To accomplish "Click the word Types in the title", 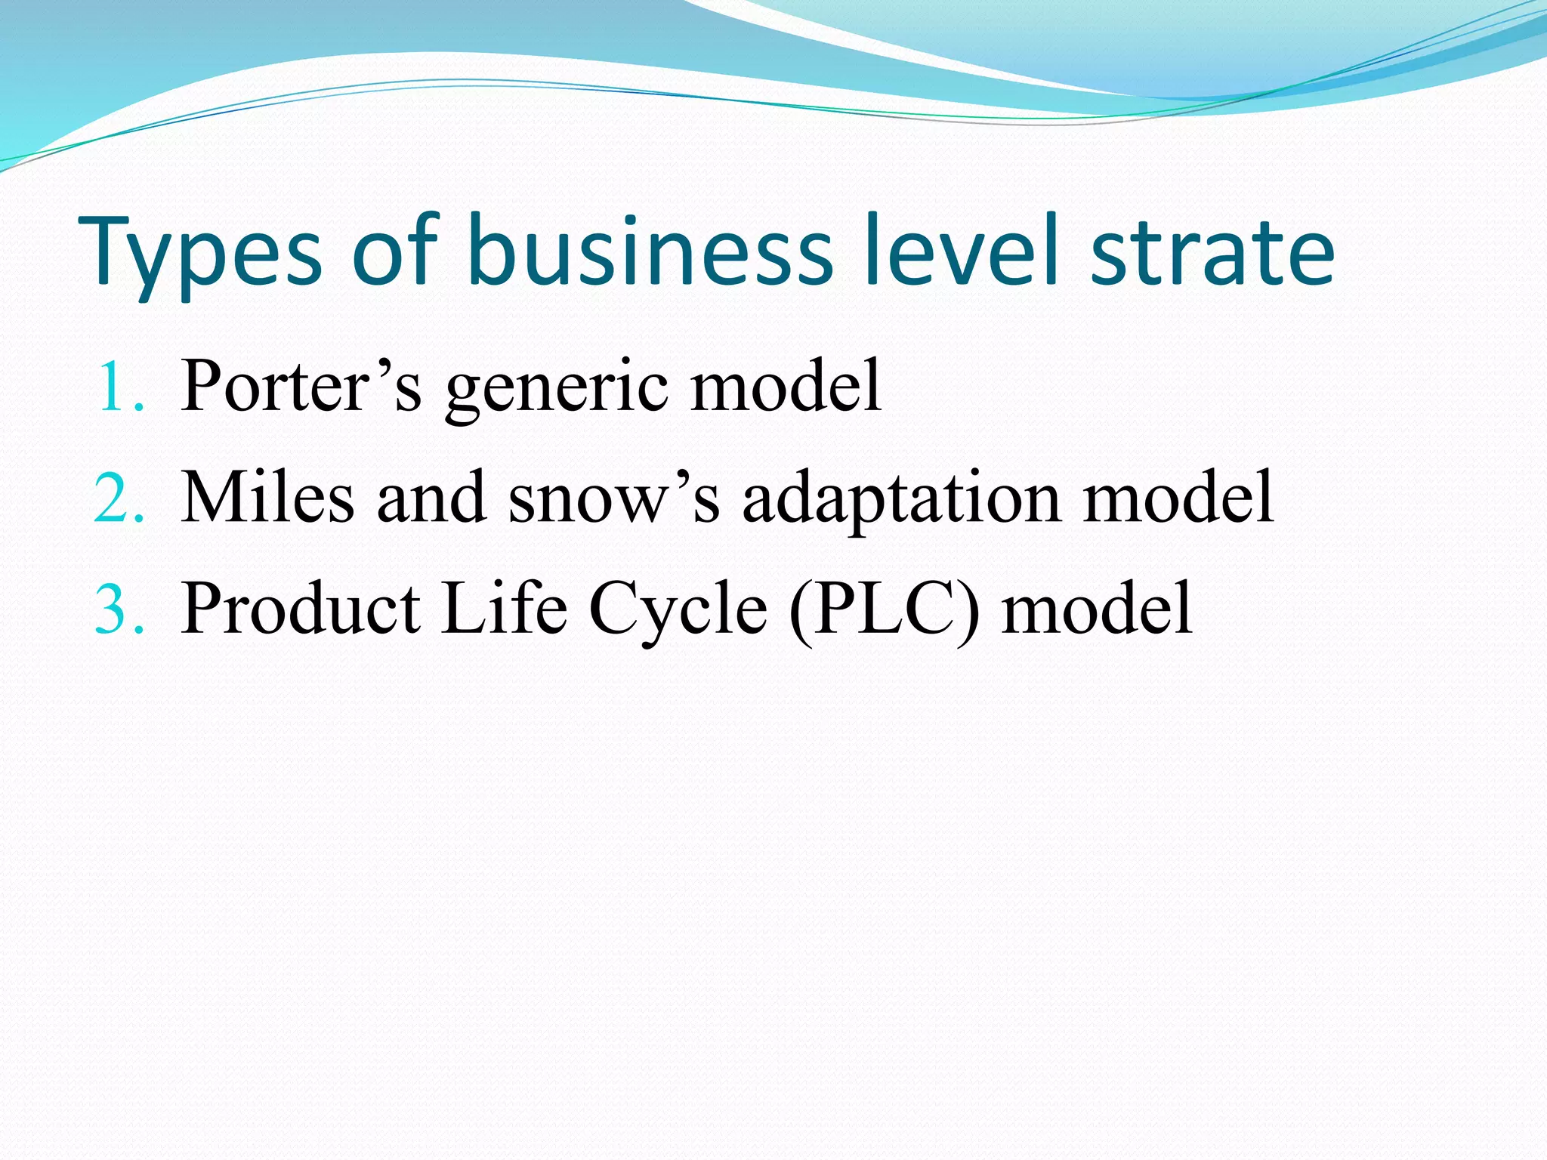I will pyautogui.click(x=200, y=253).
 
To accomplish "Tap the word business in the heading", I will pyautogui.click(x=650, y=250).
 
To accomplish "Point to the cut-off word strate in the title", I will pyautogui.click(x=1213, y=253).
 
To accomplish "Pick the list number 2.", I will pyautogui.click(x=119, y=498).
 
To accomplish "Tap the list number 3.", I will pyautogui.click(x=119, y=609).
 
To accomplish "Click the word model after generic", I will pyautogui.click(x=786, y=385).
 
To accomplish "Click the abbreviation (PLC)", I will pyautogui.click(x=884, y=609).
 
